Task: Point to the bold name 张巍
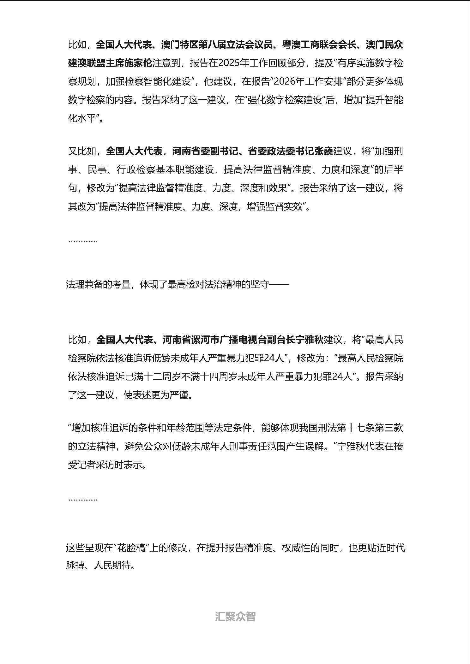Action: coord(323,151)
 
